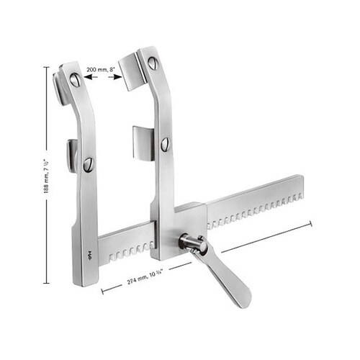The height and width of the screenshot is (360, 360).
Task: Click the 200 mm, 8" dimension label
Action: coord(101,70)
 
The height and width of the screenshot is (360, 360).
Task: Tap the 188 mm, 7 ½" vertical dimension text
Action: coord(47,176)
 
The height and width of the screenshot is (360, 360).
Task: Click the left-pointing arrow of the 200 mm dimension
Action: coord(91,77)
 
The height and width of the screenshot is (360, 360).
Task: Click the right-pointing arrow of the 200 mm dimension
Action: coord(115,77)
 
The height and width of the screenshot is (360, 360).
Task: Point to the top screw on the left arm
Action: coord(75,79)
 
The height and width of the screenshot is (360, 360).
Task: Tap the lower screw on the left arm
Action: coord(88,165)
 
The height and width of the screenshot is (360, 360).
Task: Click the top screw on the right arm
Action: coord(153,63)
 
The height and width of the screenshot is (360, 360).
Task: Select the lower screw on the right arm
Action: coord(165,144)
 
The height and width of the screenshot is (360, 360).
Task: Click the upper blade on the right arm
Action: coord(132,73)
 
